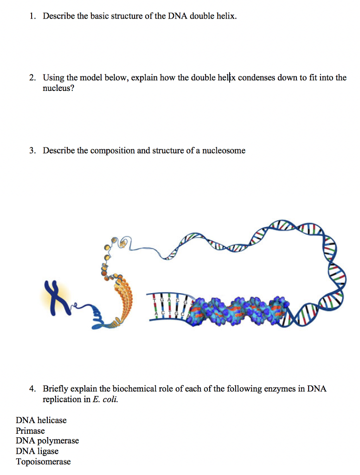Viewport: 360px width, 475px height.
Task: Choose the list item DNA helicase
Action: coord(41,420)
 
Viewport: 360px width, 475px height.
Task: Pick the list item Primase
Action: coord(30,430)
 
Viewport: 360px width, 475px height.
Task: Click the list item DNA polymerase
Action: coord(47,441)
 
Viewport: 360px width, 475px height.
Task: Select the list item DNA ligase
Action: coord(37,451)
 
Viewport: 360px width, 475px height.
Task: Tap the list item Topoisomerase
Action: coord(43,462)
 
